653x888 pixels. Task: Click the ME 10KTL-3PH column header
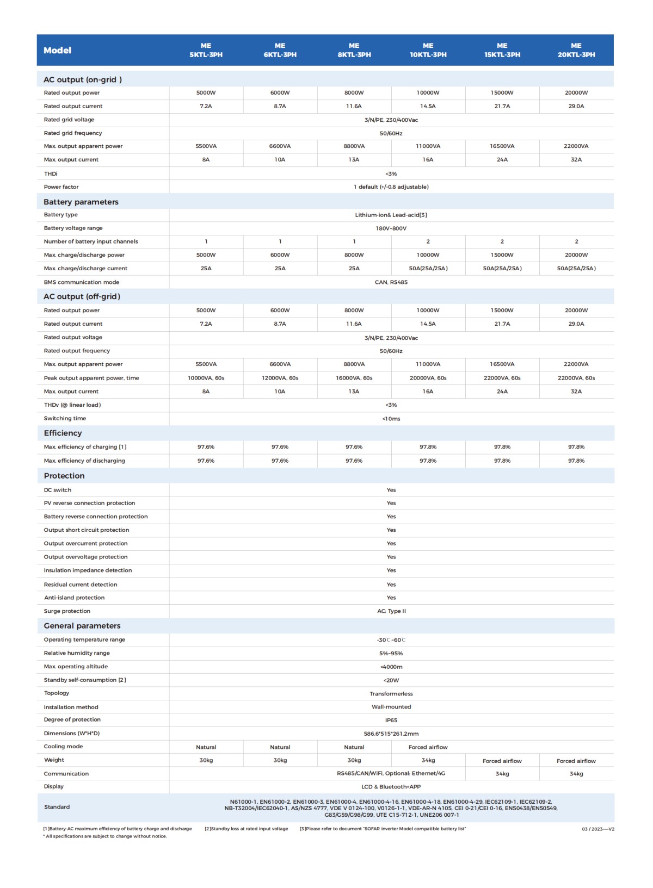pyautogui.click(x=428, y=50)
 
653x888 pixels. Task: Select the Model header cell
pyautogui.click(x=58, y=50)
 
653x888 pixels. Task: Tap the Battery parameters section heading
pyautogui.click(x=81, y=202)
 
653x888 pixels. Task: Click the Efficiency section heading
pyautogui.click(x=63, y=433)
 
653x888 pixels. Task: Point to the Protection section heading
pyautogui.click(x=64, y=476)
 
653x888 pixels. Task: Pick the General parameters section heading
pyautogui.click(x=82, y=626)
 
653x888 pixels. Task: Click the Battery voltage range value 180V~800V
pyautogui.click(x=391, y=228)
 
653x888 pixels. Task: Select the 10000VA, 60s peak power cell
pyautogui.click(x=206, y=378)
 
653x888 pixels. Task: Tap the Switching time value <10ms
pyautogui.click(x=391, y=419)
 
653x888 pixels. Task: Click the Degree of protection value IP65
pyautogui.click(x=391, y=720)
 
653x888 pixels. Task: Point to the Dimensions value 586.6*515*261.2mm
pyautogui.click(x=391, y=734)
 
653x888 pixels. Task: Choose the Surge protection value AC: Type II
pyautogui.click(x=391, y=611)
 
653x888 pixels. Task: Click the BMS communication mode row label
pyautogui.click(x=82, y=282)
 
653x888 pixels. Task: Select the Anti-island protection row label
pyautogui.click(x=75, y=598)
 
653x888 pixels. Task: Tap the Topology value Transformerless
pyautogui.click(x=391, y=694)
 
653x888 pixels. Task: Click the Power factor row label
pyautogui.click(x=61, y=187)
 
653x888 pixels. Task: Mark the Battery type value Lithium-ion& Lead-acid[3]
pyautogui.click(x=391, y=215)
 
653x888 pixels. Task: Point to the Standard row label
pyautogui.click(x=57, y=807)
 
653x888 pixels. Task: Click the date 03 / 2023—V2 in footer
pyautogui.click(x=597, y=829)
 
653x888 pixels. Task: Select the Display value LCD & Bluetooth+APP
pyautogui.click(x=391, y=787)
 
